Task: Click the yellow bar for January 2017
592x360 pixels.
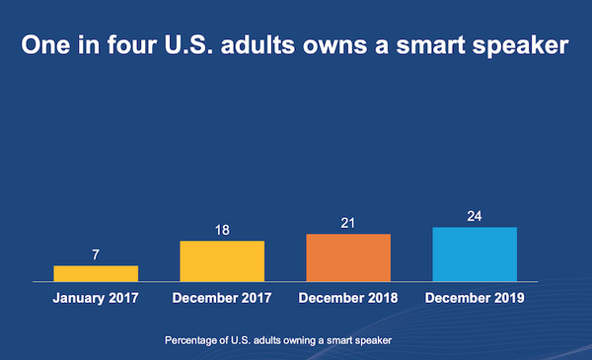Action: point(96,273)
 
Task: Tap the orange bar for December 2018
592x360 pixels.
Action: point(348,257)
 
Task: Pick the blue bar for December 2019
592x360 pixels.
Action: point(476,254)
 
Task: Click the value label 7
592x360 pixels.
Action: point(96,254)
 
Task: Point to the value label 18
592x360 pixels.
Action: point(222,230)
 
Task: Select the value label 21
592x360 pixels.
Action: point(348,223)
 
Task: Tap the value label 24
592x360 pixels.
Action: point(476,216)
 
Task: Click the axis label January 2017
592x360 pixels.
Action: point(96,298)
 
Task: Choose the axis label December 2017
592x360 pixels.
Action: point(222,298)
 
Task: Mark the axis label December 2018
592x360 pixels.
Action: point(348,298)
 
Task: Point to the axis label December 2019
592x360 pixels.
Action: point(476,298)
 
